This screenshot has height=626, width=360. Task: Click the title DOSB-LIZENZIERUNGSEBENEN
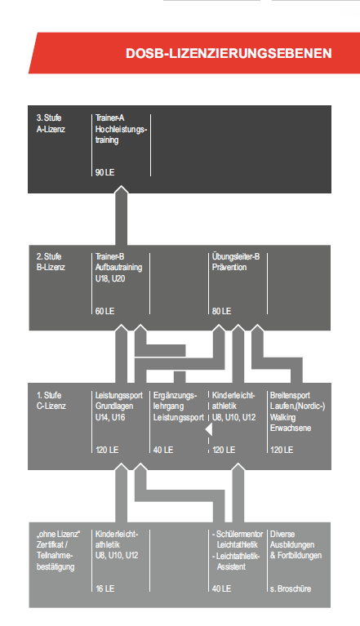(229, 54)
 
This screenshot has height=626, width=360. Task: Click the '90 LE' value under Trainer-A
(105, 172)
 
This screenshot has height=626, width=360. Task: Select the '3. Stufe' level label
(49, 118)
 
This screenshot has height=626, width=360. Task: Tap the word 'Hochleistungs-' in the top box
(122, 129)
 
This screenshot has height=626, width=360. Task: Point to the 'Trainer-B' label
(109, 256)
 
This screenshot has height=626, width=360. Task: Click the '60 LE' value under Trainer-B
(105, 311)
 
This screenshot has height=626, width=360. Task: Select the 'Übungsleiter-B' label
(236, 256)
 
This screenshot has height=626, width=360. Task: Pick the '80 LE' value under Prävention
(221, 311)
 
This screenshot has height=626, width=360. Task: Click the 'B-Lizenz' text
(51, 267)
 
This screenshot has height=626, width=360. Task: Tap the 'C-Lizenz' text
(51, 406)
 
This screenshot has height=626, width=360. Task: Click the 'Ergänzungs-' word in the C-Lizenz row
(176, 395)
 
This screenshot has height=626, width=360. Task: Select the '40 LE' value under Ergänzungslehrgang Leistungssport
(163, 450)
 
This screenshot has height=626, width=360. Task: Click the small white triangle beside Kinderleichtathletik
(209, 430)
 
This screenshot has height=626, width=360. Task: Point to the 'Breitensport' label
(290, 395)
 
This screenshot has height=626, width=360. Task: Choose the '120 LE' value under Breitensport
(282, 450)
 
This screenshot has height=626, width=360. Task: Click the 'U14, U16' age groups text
(110, 417)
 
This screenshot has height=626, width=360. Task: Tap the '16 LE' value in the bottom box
(105, 588)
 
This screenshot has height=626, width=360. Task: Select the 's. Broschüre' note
(291, 588)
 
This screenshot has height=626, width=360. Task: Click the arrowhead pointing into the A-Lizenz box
(122, 190)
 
